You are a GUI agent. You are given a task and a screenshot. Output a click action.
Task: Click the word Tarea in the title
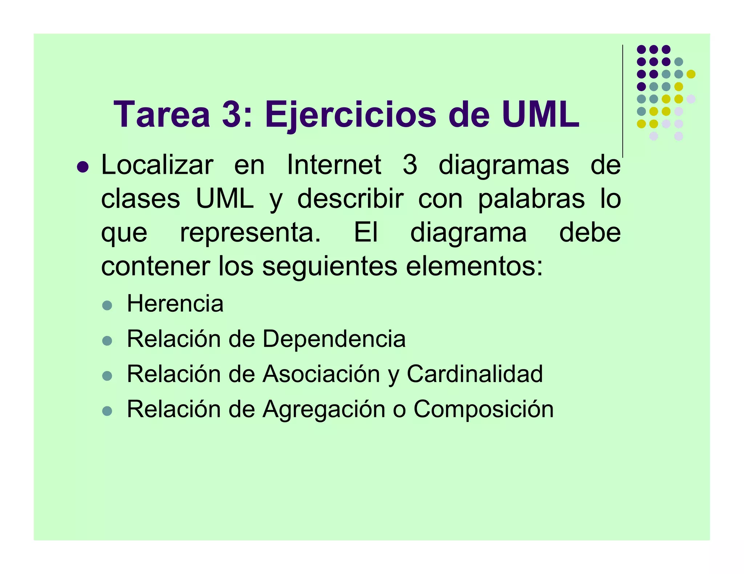pyautogui.click(x=162, y=115)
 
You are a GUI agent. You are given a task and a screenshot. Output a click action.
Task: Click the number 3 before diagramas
pyautogui.click(x=410, y=165)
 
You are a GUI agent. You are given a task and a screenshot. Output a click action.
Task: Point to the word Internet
pyautogui.click(x=334, y=165)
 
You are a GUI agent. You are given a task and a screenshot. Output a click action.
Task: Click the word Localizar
pyautogui.click(x=157, y=165)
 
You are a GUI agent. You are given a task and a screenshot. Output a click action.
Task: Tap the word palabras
pyautogui.click(x=531, y=199)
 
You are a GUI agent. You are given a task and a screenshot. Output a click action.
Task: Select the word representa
pyautogui.click(x=250, y=233)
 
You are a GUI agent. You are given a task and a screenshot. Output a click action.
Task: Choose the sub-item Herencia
pyautogui.click(x=175, y=304)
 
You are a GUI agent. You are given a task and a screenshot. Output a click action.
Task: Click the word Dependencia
pyautogui.click(x=334, y=339)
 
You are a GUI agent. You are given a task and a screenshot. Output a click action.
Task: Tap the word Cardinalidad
pyautogui.click(x=474, y=374)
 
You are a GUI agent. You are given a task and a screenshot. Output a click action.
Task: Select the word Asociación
pyautogui.click(x=321, y=374)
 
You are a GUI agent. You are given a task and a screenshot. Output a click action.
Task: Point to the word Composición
pyautogui.click(x=484, y=409)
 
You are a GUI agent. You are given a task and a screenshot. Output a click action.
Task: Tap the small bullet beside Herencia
pyautogui.click(x=107, y=305)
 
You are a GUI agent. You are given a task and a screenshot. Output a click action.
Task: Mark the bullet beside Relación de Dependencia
pyautogui.click(x=107, y=341)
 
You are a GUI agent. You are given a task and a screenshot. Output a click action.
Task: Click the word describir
pyautogui.click(x=350, y=199)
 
